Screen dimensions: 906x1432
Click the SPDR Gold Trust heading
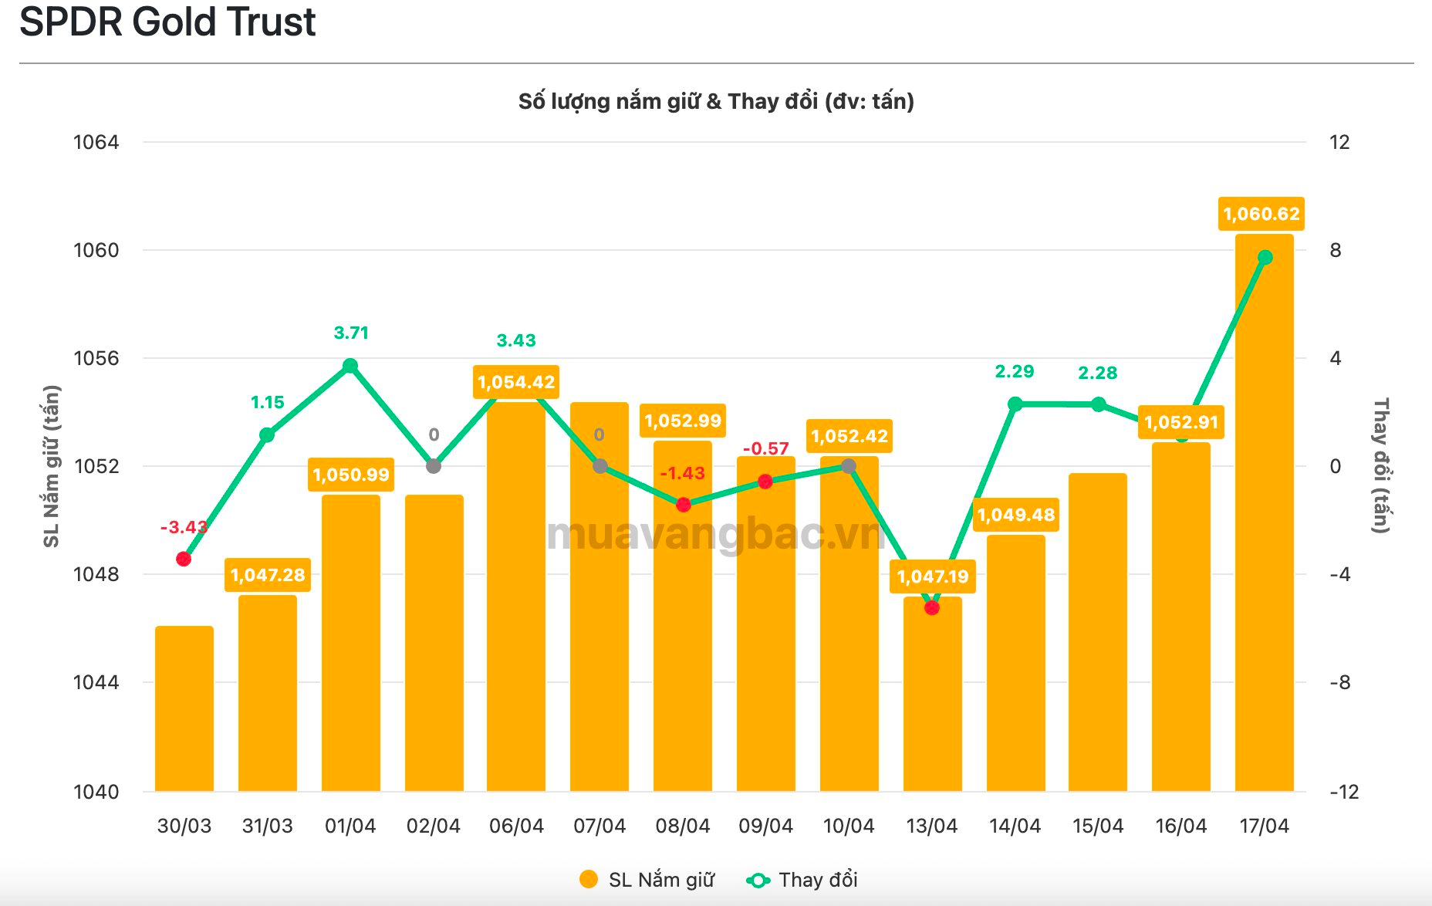click(x=167, y=22)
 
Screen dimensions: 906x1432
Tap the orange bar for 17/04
click(x=1264, y=525)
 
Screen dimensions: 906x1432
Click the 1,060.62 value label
click(x=1261, y=214)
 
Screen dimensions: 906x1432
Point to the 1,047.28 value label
click(x=268, y=575)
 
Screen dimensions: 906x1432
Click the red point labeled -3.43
click(x=184, y=559)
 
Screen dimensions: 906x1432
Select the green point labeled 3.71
click(x=350, y=366)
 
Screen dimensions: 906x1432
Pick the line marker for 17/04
click(x=1265, y=258)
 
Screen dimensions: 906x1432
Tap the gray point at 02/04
click(x=434, y=466)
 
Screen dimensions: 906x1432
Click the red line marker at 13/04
click(x=932, y=608)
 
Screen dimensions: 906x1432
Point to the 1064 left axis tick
click(x=96, y=142)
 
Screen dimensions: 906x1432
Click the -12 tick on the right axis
click(x=1344, y=792)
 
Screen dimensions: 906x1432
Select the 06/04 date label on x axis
click(x=516, y=827)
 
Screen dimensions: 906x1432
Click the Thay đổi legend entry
click(x=803, y=880)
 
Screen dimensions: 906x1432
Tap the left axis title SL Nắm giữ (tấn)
click(x=51, y=466)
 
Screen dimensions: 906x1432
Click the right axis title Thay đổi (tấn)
click(x=1381, y=465)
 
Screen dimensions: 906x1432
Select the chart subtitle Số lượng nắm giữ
click(x=716, y=101)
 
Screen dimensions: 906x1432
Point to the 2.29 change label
click(x=1014, y=372)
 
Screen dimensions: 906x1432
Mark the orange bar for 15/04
click(x=1098, y=633)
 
